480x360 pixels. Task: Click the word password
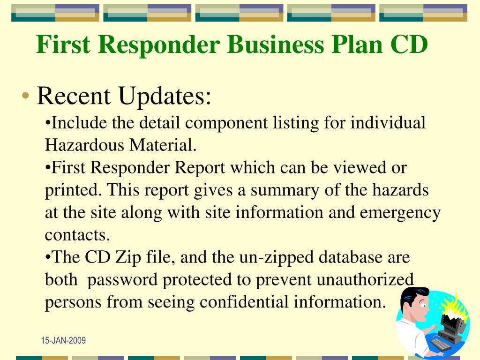(x=123, y=280)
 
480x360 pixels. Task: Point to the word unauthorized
(x=366, y=280)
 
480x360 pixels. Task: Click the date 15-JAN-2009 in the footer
(x=63, y=341)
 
